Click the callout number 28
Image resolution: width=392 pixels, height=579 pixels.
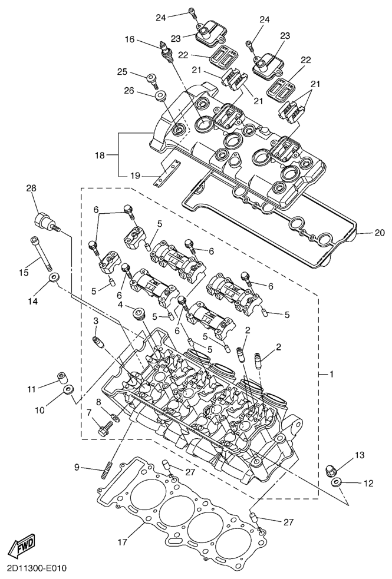31,188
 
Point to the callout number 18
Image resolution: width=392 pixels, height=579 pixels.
99,155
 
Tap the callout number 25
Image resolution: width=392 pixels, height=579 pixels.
123,72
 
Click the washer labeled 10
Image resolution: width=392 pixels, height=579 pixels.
69,389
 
